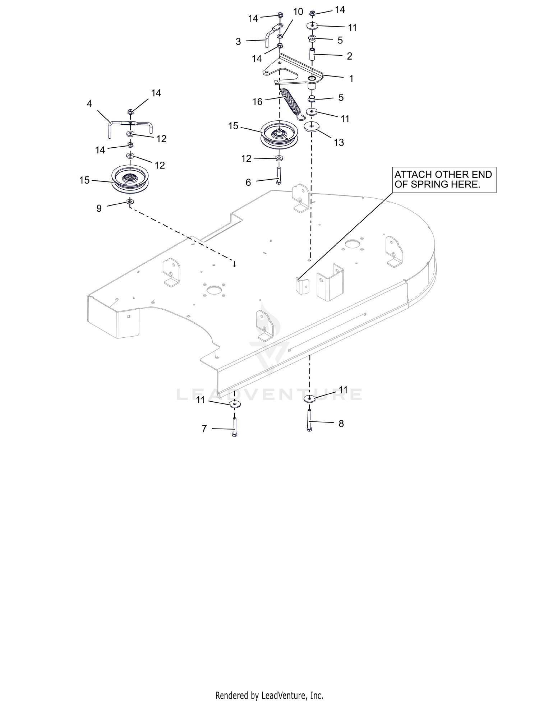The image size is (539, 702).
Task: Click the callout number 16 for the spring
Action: click(257, 102)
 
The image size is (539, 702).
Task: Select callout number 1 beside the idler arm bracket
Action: click(351, 78)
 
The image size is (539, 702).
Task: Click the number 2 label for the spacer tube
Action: click(349, 56)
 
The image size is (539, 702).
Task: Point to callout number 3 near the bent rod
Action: click(238, 42)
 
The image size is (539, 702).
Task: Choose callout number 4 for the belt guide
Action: click(89, 104)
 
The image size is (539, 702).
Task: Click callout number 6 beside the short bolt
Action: click(248, 183)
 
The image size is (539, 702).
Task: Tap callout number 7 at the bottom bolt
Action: click(204, 429)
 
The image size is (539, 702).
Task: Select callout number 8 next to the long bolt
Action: click(341, 424)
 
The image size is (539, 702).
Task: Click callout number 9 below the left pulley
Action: click(99, 208)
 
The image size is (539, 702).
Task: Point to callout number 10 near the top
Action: click(298, 12)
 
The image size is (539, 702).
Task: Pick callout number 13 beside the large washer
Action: click(339, 143)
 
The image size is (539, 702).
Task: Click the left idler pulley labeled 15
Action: click(130, 179)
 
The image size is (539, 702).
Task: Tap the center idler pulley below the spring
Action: click(278, 134)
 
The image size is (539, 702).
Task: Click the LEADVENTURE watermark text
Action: click(269, 394)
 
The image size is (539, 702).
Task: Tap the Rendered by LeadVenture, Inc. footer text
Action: click(269, 696)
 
